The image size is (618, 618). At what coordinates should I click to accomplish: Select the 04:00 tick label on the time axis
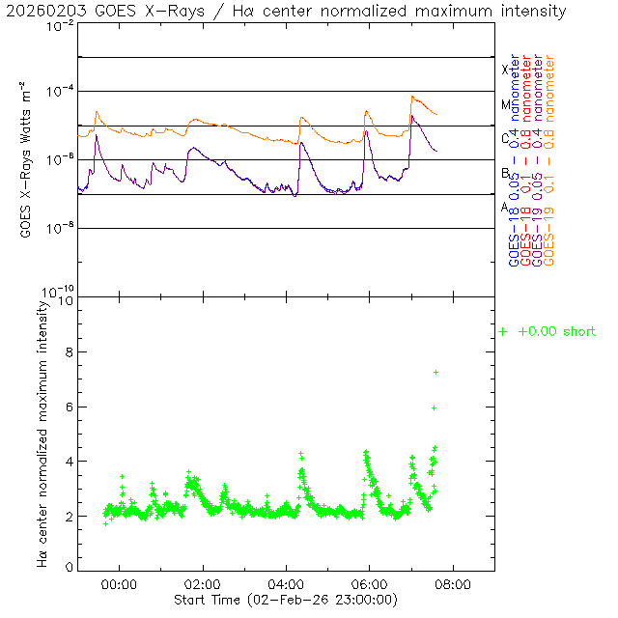(x=286, y=584)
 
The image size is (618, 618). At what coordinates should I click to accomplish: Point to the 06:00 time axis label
(x=370, y=584)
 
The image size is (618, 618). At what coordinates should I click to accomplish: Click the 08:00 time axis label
(x=453, y=584)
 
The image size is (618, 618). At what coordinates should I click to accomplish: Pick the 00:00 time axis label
(x=119, y=584)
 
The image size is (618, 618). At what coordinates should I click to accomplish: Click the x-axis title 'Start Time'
(x=285, y=600)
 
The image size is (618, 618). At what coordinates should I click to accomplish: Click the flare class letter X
(x=505, y=70)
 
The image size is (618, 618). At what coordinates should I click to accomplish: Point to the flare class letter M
(x=505, y=104)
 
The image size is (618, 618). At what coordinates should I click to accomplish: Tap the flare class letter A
(x=505, y=208)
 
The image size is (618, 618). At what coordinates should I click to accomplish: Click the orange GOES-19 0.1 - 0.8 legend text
(x=549, y=159)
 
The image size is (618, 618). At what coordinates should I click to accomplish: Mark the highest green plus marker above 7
(x=435, y=372)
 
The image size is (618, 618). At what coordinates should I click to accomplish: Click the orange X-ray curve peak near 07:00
(x=412, y=97)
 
